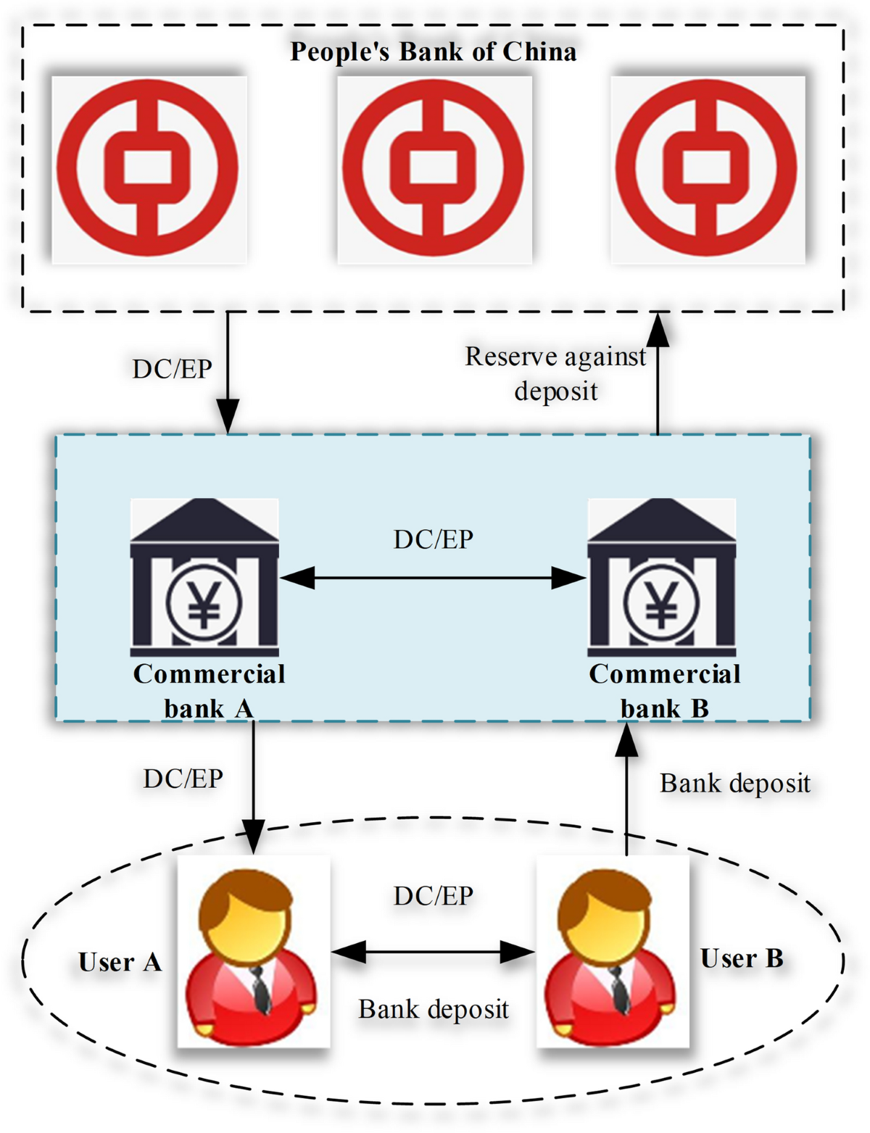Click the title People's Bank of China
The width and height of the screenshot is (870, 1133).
(433, 52)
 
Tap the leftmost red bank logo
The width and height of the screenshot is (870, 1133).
(148, 169)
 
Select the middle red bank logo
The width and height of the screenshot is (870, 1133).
(434, 169)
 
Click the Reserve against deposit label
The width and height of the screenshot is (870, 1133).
(555, 373)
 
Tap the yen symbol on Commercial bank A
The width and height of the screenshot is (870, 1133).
(204, 604)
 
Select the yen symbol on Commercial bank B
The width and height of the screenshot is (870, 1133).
(661, 604)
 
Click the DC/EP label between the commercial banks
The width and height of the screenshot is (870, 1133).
(433, 539)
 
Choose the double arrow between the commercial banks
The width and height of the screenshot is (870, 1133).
(433, 578)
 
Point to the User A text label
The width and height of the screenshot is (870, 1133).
(120, 962)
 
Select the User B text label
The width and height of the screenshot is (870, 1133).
(742, 958)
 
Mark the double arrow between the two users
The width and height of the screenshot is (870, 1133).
(433, 952)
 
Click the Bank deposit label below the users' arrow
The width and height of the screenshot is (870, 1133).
(433, 1009)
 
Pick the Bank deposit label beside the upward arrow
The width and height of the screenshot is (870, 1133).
(734, 784)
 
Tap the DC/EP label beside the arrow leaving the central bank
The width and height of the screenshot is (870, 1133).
(172, 369)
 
